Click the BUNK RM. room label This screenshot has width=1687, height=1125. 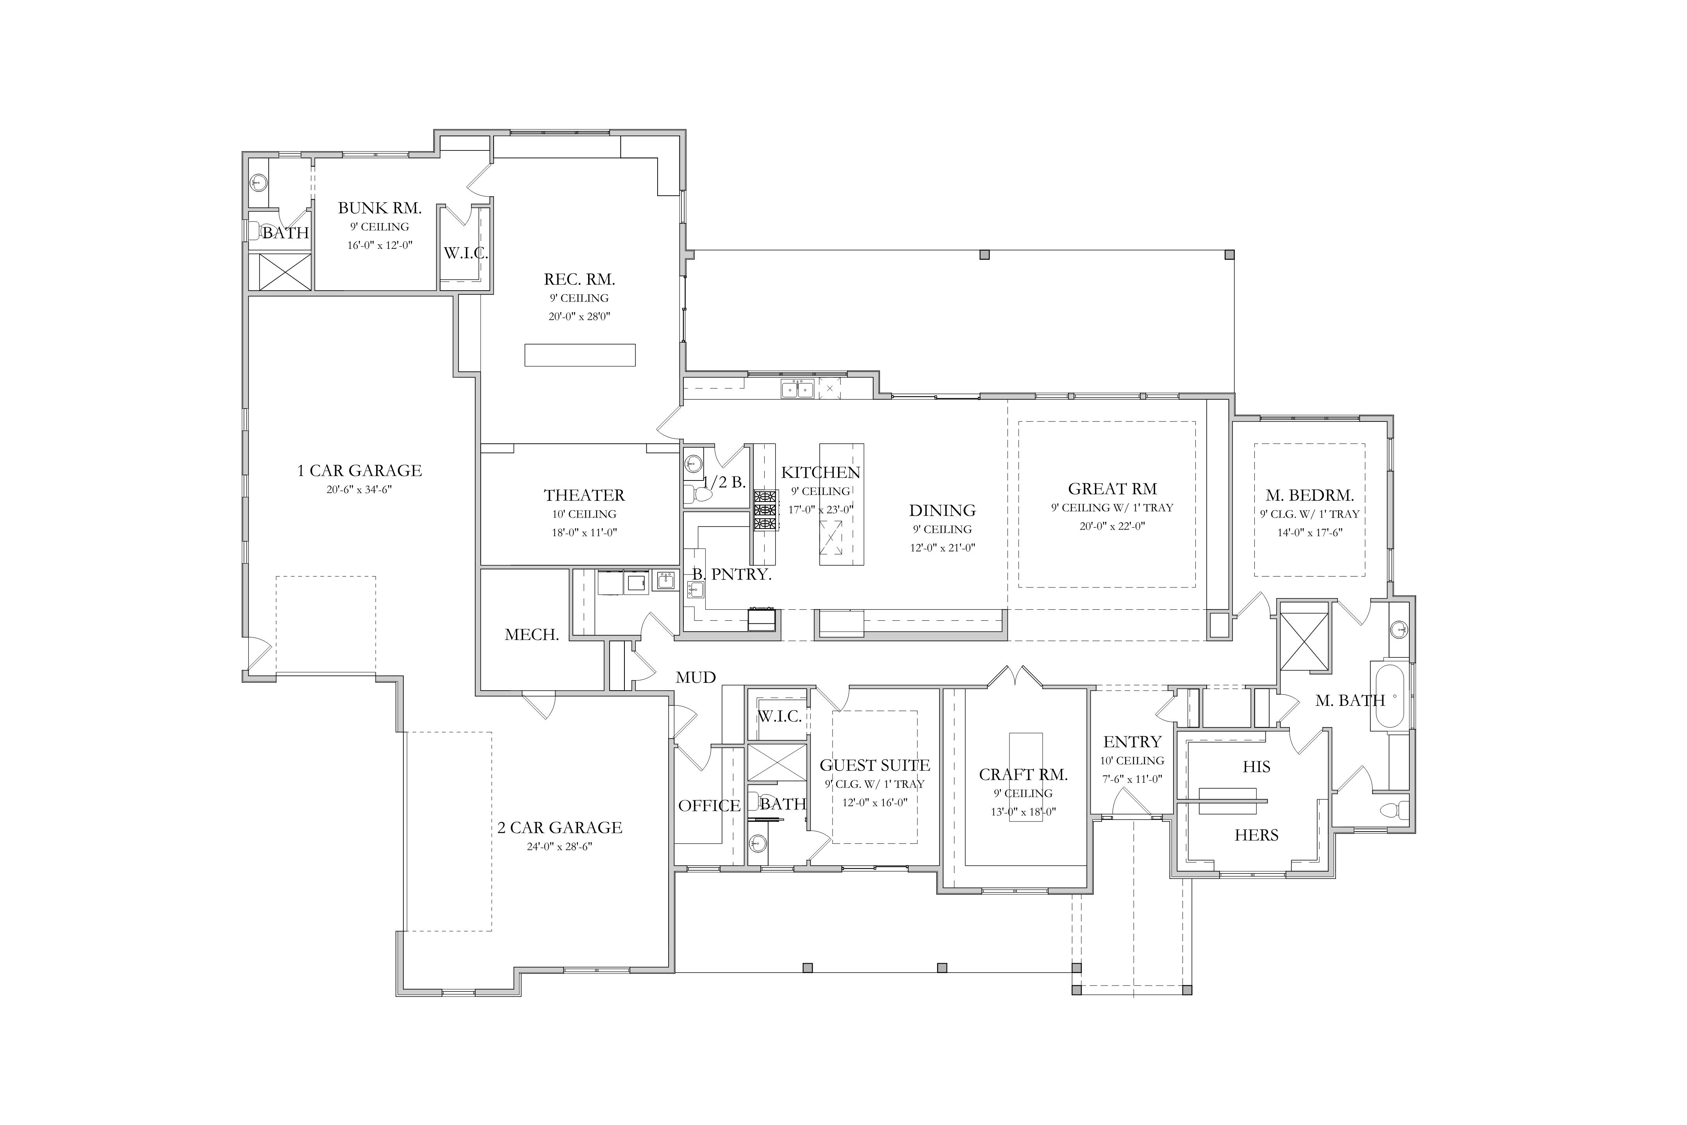pos(380,208)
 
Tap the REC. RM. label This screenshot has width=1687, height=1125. pos(580,279)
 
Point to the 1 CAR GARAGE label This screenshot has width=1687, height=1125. pos(359,471)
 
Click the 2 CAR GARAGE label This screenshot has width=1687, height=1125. pos(560,827)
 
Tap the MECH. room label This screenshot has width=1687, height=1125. pos(531,634)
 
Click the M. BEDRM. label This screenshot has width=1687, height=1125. pos(1310,495)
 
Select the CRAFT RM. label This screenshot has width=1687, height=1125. pos(1023,774)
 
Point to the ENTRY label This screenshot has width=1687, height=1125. pos(1132,742)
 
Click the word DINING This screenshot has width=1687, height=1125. pos(942,510)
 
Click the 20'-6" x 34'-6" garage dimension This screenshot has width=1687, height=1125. pos(359,490)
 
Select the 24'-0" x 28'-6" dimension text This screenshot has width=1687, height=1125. pos(560,846)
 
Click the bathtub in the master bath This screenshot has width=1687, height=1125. pos(1390,696)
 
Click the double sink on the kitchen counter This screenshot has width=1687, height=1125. pos(797,389)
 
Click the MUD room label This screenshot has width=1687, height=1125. pos(696,677)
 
